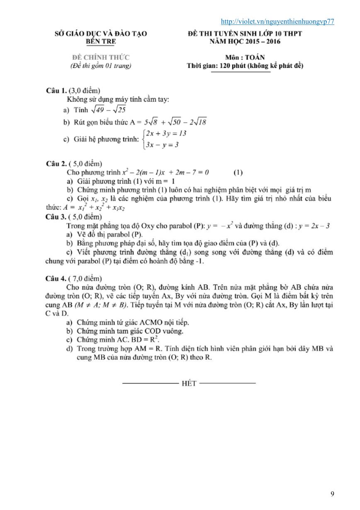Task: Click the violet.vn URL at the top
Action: (277, 22)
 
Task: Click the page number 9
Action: (332, 494)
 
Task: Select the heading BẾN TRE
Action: (101, 42)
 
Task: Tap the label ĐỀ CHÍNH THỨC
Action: (101, 57)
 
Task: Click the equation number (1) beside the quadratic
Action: (238, 172)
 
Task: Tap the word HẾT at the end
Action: (189, 383)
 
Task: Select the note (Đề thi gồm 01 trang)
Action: (101, 66)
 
